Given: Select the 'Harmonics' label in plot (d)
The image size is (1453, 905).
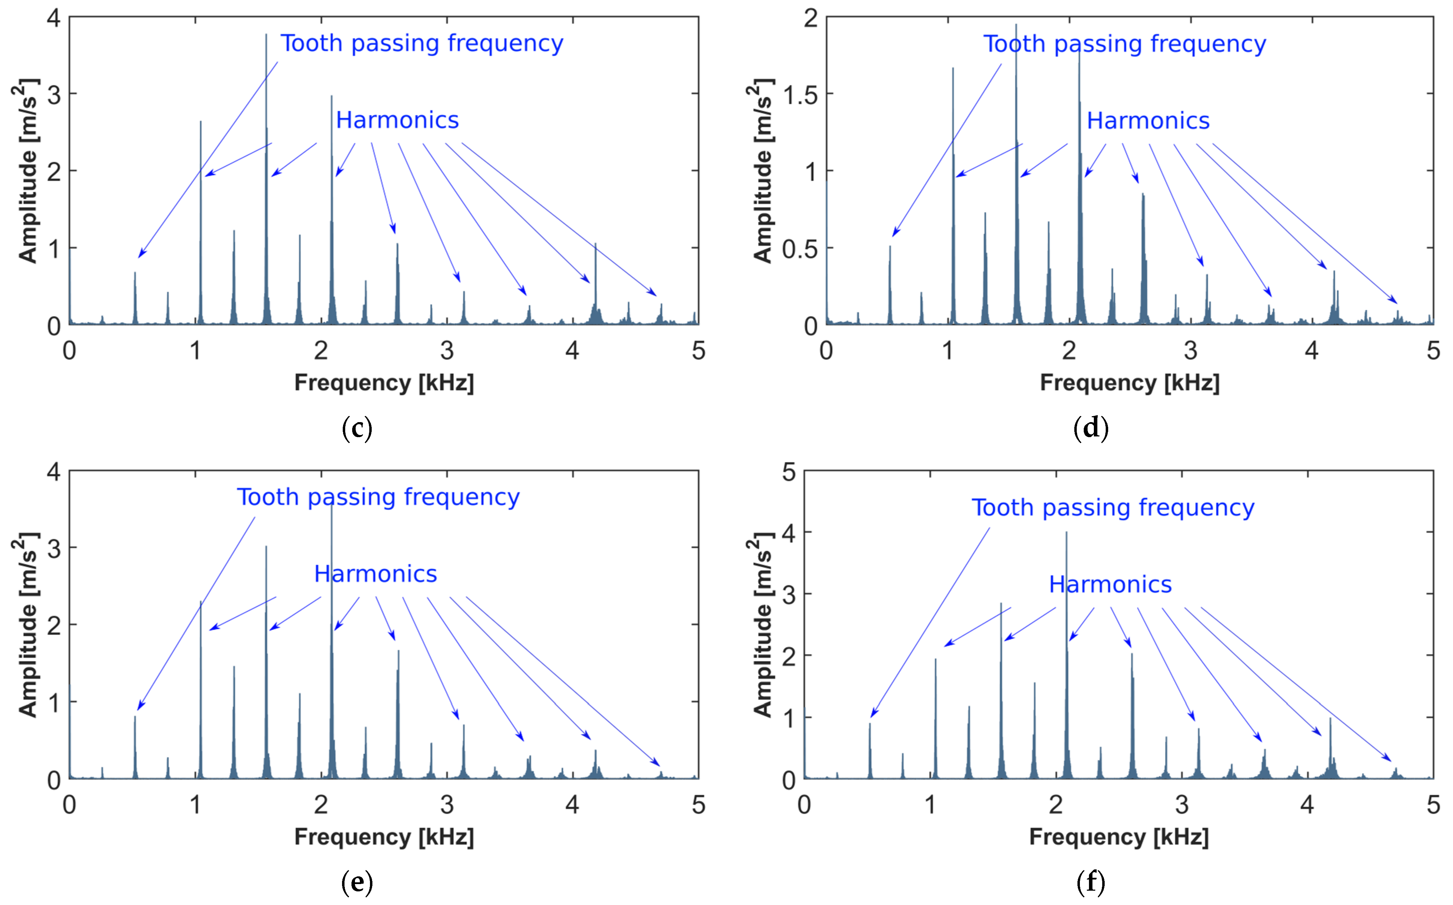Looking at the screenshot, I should [x=1148, y=121].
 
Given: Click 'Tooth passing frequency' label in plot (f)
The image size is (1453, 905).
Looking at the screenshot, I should [x=1113, y=508].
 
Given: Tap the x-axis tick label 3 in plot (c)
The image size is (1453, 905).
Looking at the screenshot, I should [x=447, y=351].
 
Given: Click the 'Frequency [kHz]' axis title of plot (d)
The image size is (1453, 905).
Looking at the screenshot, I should [x=1129, y=383].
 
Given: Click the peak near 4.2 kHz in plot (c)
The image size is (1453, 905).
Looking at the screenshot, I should [x=595, y=245].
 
